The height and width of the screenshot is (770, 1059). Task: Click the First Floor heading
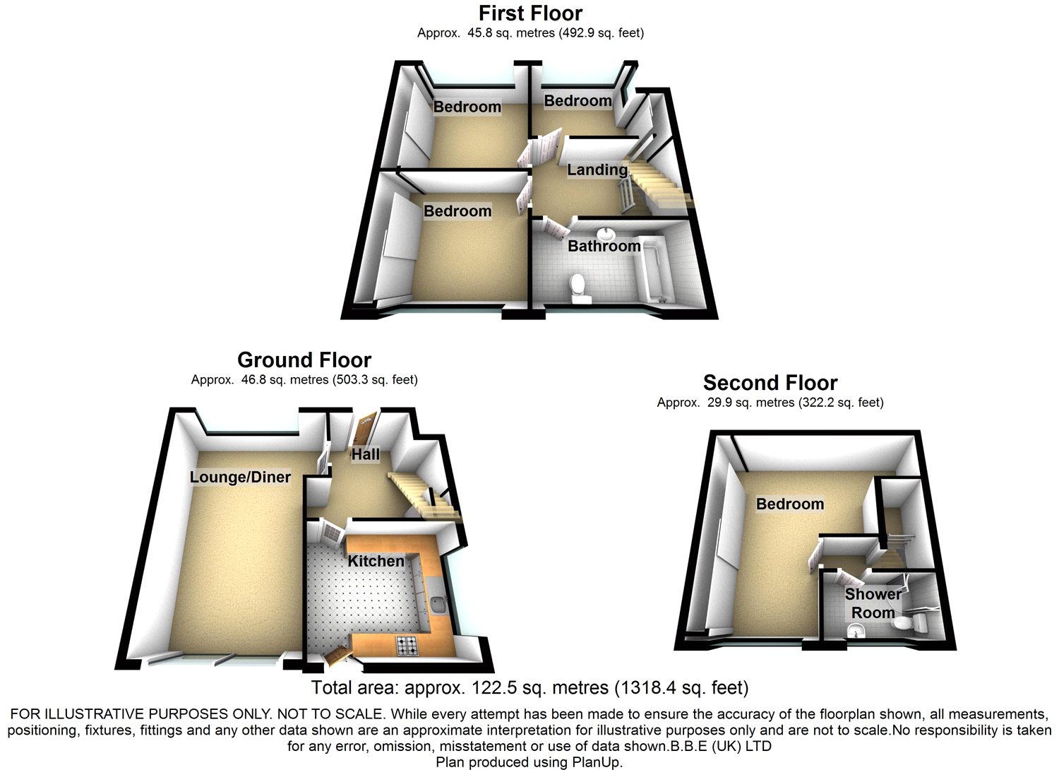pyautogui.click(x=530, y=13)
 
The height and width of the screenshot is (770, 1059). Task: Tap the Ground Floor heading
pyautogui.click(x=304, y=360)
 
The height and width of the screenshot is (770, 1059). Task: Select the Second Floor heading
pyautogui.click(x=770, y=383)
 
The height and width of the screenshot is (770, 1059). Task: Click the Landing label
pyautogui.click(x=597, y=170)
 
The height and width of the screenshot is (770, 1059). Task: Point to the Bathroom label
pyautogui.click(x=604, y=246)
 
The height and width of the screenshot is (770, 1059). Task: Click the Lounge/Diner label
pyautogui.click(x=240, y=478)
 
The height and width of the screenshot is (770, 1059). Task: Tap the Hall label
pyautogui.click(x=366, y=454)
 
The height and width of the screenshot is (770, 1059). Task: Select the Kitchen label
pyautogui.click(x=376, y=562)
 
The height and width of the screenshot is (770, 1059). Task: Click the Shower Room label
pyautogui.click(x=873, y=603)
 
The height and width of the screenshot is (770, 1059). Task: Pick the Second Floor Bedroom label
pyautogui.click(x=790, y=504)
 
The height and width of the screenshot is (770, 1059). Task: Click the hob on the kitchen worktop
pyautogui.click(x=407, y=646)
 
